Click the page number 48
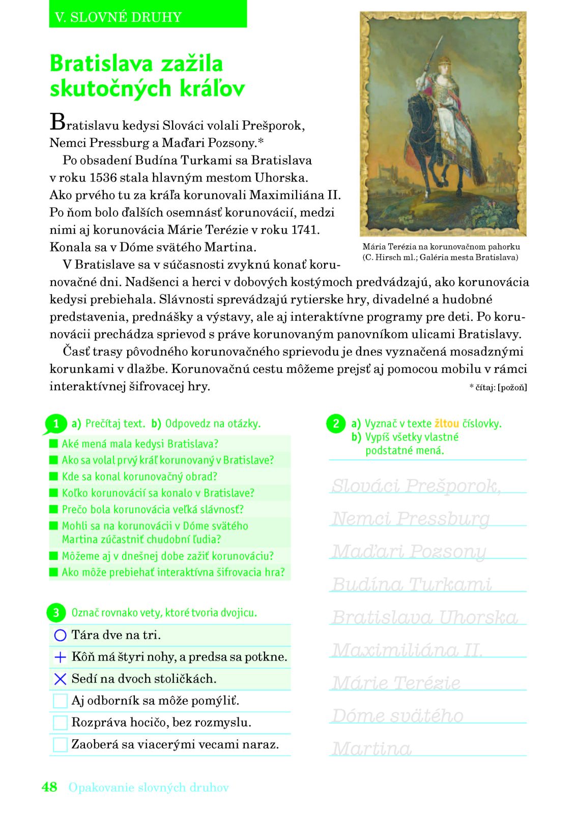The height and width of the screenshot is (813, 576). coord(49,787)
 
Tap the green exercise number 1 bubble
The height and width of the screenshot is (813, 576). coord(56,424)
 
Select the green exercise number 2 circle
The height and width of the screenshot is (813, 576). coord(336,423)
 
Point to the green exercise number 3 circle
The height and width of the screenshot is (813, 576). coord(56,613)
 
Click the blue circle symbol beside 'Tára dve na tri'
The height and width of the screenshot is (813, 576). coord(60,635)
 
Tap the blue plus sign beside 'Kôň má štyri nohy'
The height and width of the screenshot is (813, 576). coord(60,657)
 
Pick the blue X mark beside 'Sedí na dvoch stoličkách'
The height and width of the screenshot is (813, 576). coord(60,679)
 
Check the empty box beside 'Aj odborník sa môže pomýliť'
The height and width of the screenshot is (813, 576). coord(60,701)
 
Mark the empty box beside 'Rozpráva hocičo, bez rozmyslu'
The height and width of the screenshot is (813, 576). coord(60,723)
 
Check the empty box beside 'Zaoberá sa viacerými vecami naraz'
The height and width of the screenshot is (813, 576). coord(60,744)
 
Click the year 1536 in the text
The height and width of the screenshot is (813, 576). coord(103,178)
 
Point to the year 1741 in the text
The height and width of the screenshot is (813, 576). coord(305,230)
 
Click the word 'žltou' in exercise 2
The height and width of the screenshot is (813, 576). coord(447,423)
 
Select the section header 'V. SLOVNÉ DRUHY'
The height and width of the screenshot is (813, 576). coord(118,17)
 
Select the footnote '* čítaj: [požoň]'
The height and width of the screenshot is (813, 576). coord(498,387)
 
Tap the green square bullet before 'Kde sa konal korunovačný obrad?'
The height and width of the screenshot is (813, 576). coord(54,477)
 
